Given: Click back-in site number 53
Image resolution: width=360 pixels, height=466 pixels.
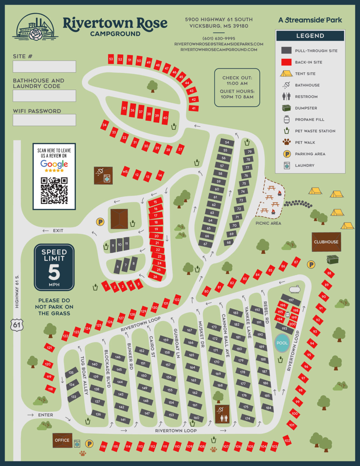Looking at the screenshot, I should pyautogui.click(x=111, y=59).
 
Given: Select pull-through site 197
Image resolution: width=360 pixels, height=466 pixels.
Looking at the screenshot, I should pyautogui.click(x=291, y=300).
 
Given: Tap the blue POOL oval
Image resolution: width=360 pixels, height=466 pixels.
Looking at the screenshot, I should pyautogui.click(x=282, y=343).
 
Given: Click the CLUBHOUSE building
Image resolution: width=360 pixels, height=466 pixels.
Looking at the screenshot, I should pyautogui.click(x=326, y=242).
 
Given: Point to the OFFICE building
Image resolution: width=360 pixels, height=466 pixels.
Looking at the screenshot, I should pyautogui.click(x=62, y=440).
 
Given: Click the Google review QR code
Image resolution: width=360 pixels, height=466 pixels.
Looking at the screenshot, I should pyautogui.click(x=54, y=191).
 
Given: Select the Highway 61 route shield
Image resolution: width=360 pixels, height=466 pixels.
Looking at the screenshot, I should pyautogui.click(x=17, y=325).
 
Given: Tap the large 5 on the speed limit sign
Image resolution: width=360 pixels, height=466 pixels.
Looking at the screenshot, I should pyautogui.click(x=54, y=272).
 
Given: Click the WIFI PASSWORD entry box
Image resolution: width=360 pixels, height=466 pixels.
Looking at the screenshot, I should pyautogui.click(x=44, y=120).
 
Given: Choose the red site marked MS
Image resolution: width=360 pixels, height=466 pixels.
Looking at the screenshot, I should pyautogui.click(x=125, y=172).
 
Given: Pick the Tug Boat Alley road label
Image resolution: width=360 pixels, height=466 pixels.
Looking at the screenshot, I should pyautogui.click(x=84, y=375).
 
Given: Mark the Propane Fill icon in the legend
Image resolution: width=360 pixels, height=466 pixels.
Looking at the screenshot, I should pyautogui.click(x=287, y=120).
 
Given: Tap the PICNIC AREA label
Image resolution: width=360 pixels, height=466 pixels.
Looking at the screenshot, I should pyautogui.click(x=268, y=223).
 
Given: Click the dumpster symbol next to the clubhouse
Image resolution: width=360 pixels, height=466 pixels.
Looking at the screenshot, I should pyautogui.click(x=332, y=259).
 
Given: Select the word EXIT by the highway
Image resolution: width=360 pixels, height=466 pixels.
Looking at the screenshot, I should pyautogui.click(x=58, y=231).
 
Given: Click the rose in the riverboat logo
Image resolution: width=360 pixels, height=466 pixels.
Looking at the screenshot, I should pyautogui.click(x=37, y=34).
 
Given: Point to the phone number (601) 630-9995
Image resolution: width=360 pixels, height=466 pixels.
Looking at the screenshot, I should pyautogui.click(x=219, y=39).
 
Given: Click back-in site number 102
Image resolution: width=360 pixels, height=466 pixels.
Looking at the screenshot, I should pyautogui.click(x=287, y=441).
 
